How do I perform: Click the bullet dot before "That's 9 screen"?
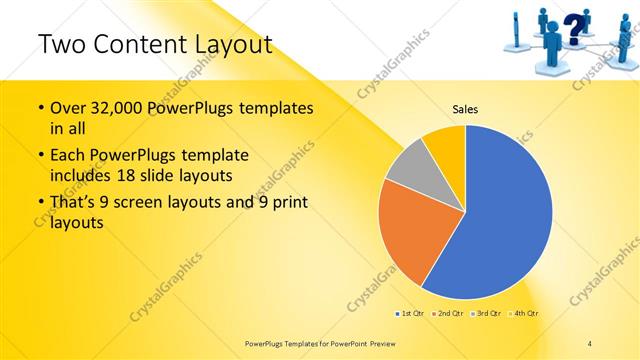point(39,203)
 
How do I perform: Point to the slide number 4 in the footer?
point(589,342)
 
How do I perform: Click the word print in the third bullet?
point(287,203)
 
